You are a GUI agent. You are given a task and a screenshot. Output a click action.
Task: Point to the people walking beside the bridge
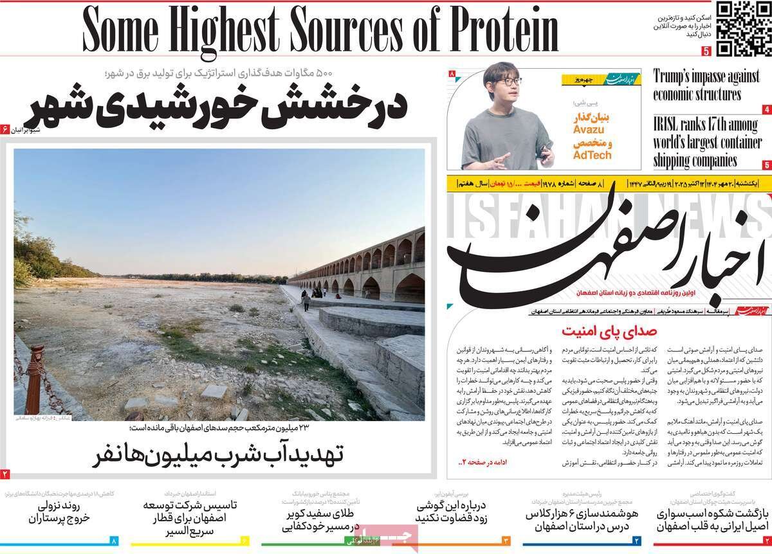308,298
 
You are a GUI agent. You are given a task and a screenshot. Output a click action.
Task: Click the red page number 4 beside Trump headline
767,109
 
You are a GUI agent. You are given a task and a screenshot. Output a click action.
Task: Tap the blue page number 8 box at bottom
115,541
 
